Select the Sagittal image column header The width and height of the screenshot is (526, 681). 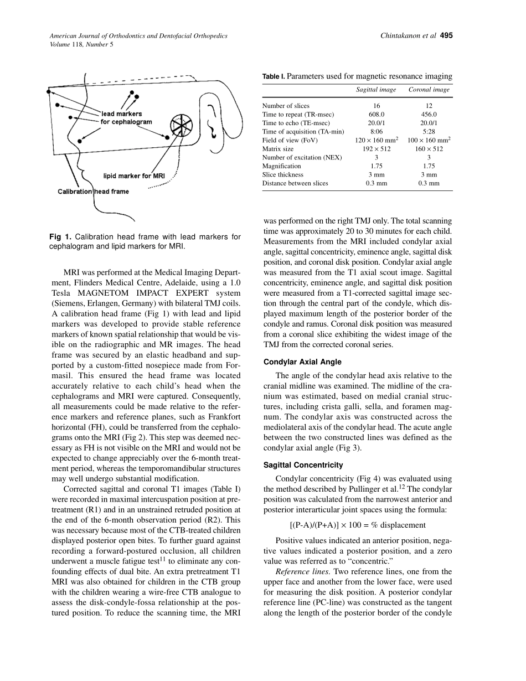(376, 90)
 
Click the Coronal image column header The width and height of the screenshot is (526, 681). (429, 90)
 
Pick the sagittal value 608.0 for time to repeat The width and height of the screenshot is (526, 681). (376, 115)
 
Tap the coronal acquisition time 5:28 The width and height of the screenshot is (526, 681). (429, 132)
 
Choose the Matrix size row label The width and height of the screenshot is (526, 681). (278, 149)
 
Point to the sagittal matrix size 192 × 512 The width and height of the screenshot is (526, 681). (376, 149)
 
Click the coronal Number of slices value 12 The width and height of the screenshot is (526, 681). (429, 106)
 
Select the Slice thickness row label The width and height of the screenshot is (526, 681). (282, 174)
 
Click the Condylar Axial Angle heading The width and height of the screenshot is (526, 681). (302, 362)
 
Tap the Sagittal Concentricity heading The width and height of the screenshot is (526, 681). (303, 465)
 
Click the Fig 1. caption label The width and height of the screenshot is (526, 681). (62, 237)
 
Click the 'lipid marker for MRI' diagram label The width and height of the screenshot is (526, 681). (134, 176)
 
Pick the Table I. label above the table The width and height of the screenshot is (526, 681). (274, 76)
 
